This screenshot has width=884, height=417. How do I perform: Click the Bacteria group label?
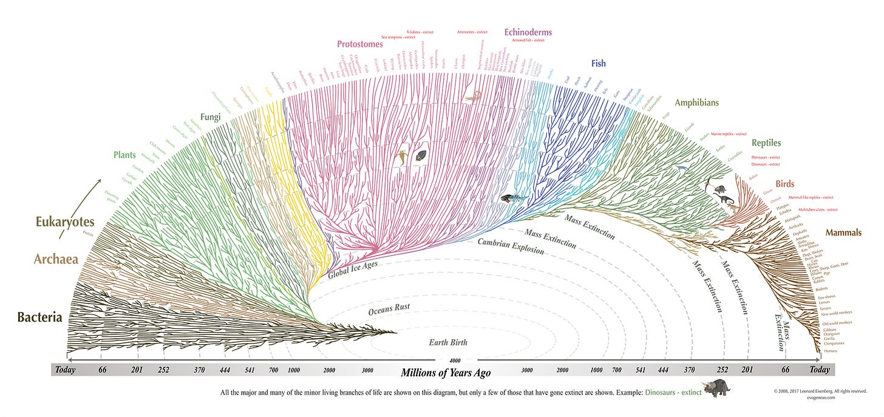39,317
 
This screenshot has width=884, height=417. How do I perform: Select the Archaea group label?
56,259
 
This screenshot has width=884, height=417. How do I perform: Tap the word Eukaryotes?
64,222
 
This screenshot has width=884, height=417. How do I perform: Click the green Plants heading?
124,155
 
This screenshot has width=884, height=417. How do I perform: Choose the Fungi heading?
211,117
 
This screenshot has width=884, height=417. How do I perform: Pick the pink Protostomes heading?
360,44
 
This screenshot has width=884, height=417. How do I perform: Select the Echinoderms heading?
528,32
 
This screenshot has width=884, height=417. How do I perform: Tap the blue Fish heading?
598,63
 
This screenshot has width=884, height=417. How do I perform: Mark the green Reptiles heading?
766,143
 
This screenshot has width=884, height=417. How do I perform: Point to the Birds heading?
784,184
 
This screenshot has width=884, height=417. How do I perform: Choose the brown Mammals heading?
843,232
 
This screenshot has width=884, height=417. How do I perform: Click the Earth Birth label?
448,342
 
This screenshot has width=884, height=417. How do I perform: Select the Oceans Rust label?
389,308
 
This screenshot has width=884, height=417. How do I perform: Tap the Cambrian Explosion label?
510,246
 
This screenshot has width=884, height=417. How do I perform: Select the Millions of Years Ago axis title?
446,372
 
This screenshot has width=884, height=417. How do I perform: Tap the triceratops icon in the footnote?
718,388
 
